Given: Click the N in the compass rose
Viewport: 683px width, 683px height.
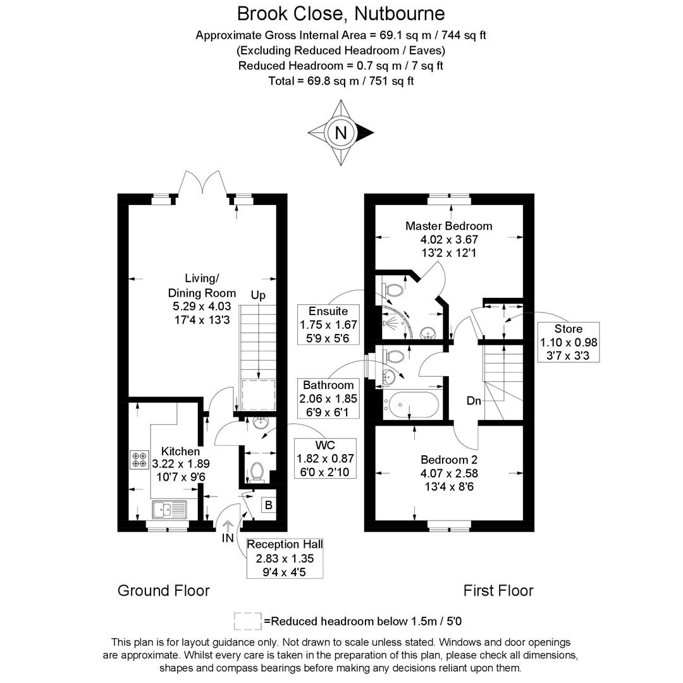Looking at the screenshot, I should click(341, 133).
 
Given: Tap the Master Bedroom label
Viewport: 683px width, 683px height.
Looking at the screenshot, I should click(448, 226).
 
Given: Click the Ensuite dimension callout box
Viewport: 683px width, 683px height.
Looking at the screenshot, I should click(328, 324).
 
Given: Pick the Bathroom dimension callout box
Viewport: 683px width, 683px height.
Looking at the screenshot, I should click(328, 398).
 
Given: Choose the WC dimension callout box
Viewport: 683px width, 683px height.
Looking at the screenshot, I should click(326, 458).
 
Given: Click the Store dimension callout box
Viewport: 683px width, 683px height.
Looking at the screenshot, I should click(569, 342).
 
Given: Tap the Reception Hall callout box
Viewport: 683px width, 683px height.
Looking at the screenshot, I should click(285, 558).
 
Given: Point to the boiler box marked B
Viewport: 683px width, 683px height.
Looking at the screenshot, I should click(269, 505).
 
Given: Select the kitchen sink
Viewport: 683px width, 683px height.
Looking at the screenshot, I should click(169, 508).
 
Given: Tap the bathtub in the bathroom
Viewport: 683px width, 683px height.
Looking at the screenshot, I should click(411, 404).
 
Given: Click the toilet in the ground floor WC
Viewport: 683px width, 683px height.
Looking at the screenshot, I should click(257, 472).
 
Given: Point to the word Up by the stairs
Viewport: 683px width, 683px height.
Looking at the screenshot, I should click(258, 295).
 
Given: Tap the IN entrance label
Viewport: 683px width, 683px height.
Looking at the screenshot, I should click(228, 538).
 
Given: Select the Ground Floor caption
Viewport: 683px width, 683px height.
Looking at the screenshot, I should click(163, 591).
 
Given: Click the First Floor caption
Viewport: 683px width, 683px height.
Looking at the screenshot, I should click(498, 591).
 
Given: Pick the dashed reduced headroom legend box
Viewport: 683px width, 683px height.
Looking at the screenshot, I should click(248, 621).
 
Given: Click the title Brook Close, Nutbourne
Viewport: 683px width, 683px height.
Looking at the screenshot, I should click(341, 13).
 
